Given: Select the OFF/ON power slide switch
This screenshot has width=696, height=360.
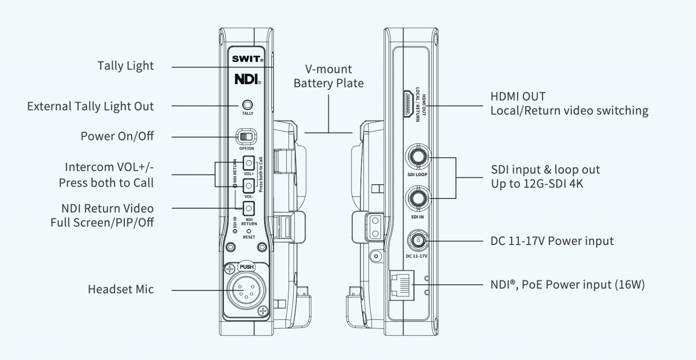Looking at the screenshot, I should (x=247, y=136).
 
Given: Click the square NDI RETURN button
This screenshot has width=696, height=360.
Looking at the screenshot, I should (x=248, y=208).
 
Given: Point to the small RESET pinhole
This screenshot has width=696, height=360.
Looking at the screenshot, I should (x=249, y=231).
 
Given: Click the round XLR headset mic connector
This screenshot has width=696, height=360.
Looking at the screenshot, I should (x=246, y=289).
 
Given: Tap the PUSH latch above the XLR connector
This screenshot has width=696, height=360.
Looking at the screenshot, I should (x=246, y=267).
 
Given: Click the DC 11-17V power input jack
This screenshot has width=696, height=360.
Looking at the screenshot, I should (x=417, y=240).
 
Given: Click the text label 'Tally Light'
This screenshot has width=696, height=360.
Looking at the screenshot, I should (x=126, y=66).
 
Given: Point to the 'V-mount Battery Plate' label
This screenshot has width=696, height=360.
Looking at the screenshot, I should (x=329, y=76).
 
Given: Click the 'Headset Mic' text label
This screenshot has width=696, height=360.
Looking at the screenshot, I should (x=121, y=289).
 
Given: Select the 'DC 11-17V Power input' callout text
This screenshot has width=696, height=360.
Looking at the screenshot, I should (x=552, y=241).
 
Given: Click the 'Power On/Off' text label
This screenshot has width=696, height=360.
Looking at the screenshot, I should (x=117, y=136).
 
